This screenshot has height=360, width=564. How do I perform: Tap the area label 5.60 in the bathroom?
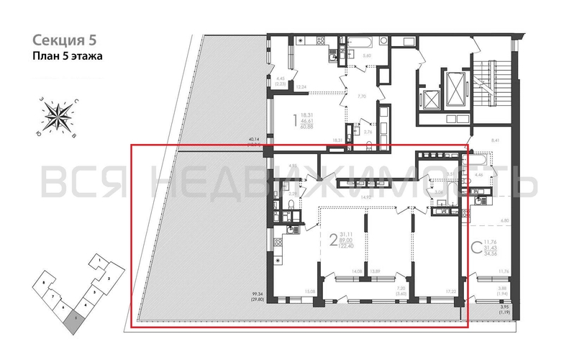(366, 55)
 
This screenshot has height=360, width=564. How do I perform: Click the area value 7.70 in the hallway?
(363, 96)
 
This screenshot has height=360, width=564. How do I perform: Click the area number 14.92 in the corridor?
(365, 197)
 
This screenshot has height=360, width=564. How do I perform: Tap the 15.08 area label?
(310, 292)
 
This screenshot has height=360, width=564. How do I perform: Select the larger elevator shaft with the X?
(455, 78)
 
